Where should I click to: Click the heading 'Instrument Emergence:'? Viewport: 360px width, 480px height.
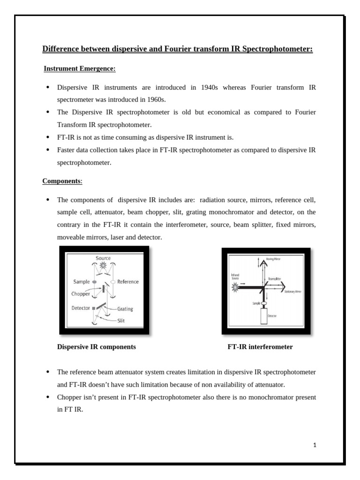(x=79, y=69)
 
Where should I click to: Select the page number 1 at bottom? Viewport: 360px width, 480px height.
(x=315, y=445)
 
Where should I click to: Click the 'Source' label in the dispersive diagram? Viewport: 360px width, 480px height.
(x=103, y=258)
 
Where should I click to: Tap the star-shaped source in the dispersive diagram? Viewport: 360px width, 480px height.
(x=104, y=266)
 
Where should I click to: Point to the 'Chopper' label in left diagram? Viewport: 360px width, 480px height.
(x=81, y=294)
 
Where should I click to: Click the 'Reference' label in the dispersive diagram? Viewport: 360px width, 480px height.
(x=127, y=282)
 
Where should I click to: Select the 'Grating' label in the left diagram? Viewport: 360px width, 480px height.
(x=125, y=309)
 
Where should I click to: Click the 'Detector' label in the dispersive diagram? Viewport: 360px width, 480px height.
(x=81, y=308)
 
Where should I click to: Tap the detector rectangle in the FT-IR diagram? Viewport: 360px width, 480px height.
(x=264, y=316)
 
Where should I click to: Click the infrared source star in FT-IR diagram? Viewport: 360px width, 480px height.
(x=236, y=287)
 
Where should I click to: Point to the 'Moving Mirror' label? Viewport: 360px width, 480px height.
(x=276, y=259)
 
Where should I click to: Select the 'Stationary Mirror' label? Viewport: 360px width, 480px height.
(x=292, y=292)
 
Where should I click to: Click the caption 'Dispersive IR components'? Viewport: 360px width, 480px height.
(x=97, y=347)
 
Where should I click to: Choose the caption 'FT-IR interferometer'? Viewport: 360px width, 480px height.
(x=260, y=347)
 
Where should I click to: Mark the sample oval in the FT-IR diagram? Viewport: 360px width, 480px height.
(x=264, y=303)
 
